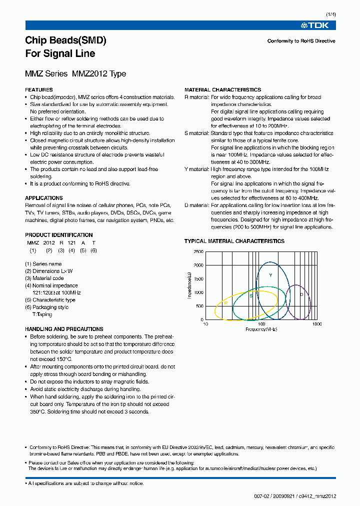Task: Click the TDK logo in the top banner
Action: pyautogui.click(x=318, y=25)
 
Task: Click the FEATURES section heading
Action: pyautogui.click(x=39, y=90)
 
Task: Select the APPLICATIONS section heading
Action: pyautogui.click(x=44, y=198)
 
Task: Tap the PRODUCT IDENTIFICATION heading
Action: pyautogui.click(x=59, y=235)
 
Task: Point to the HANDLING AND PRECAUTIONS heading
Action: pyautogui.click(x=64, y=329)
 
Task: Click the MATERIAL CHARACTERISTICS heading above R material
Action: pyautogui.click(x=222, y=90)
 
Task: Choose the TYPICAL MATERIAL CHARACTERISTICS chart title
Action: pyautogui.click(x=234, y=241)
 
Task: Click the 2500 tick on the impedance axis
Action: pyautogui.click(x=198, y=251)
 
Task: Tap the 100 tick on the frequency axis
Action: pyautogui.click(x=261, y=324)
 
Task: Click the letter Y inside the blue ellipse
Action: pyautogui.click(x=270, y=275)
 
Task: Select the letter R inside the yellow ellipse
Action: pyautogui.click(x=226, y=303)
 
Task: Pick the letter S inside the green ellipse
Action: pyautogui.click(x=251, y=296)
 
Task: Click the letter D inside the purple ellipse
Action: pyautogui.click(x=301, y=294)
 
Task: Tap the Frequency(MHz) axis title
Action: pyautogui.click(x=261, y=329)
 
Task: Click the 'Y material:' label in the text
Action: pyautogui.click(x=196, y=169)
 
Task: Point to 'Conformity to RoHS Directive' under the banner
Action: pyautogui.click(x=301, y=41)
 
